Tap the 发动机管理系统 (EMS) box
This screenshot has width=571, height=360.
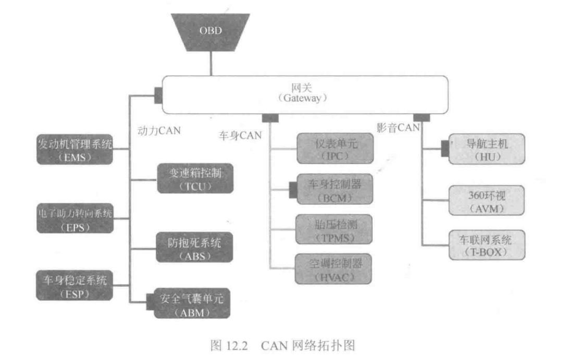pos(75,149)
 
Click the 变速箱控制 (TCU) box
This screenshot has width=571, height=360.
pos(195,179)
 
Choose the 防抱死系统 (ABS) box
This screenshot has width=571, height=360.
pos(195,248)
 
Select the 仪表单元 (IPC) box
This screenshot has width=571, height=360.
pos(334,148)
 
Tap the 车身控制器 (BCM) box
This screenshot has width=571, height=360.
pos(334,190)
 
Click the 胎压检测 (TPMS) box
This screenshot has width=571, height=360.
pos(334,229)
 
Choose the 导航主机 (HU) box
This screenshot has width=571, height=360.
pos(487,148)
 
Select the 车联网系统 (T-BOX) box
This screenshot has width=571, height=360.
pos(487,245)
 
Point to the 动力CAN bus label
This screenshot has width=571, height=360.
pos(159,130)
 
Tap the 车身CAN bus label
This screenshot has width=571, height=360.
pos(240,134)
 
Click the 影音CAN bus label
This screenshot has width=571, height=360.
pos(398,128)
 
